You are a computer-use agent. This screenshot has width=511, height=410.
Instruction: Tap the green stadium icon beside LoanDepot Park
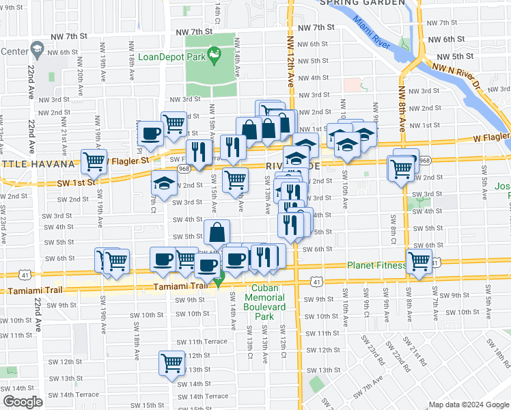(214, 53)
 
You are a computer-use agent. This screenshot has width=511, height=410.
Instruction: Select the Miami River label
(372, 31)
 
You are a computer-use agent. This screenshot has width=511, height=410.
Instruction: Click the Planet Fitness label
(376, 266)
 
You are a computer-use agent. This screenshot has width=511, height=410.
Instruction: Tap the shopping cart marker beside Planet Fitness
(419, 262)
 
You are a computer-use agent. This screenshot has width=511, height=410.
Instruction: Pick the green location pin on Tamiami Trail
(219, 279)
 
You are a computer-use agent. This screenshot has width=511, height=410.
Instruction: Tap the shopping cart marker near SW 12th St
(172, 362)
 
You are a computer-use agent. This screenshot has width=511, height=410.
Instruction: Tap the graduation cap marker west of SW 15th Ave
(163, 184)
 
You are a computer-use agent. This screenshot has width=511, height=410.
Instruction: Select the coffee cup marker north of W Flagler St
(151, 133)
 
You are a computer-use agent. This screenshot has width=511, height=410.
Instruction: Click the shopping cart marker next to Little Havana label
(94, 162)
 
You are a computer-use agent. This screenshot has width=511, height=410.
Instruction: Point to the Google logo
(23, 402)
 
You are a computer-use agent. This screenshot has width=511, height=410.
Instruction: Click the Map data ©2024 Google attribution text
(468, 405)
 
